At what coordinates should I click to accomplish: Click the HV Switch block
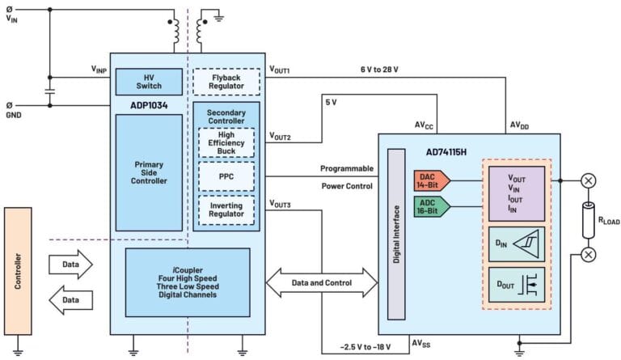point(148,81)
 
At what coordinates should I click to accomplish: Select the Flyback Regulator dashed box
point(226,81)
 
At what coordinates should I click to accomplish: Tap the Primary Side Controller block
point(148,173)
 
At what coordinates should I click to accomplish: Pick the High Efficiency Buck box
point(226,142)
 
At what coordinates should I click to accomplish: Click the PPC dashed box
point(226,176)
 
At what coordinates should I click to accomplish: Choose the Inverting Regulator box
point(226,209)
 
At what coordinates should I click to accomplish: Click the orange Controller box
point(17,271)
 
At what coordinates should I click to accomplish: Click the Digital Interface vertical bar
point(396,234)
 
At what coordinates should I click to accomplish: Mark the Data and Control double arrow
point(323,282)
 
